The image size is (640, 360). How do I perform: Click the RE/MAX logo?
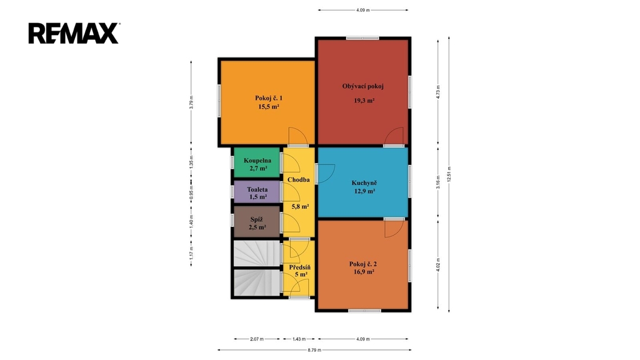click(x=74, y=33)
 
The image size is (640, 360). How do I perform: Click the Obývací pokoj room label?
click(x=363, y=86)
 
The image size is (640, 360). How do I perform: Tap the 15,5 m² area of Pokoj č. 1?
click(x=269, y=106)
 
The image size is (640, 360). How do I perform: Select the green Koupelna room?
click(x=257, y=162)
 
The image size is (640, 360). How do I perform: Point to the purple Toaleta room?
click(x=257, y=191)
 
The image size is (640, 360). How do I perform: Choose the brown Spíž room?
click(x=257, y=222)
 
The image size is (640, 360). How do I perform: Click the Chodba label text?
click(x=298, y=179)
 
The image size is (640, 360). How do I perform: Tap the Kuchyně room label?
click(x=364, y=183)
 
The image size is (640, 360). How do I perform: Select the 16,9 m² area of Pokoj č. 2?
click(x=364, y=271)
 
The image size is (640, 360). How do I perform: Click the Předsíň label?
click(x=300, y=267)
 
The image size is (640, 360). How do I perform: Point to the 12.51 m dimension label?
click(x=449, y=174)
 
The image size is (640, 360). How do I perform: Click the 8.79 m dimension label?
click(x=314, y=350)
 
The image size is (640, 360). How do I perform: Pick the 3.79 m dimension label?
click(x=191, y=102)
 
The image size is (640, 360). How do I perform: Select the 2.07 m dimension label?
click(x=257, y=339)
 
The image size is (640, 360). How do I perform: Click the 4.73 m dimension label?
click(x=438, y=92)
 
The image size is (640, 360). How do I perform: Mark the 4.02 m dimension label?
click(x=438, y=264)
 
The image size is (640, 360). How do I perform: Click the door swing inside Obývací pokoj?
click(x=394, y=136)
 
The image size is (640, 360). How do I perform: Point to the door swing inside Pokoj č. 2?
click(x=394, y=229)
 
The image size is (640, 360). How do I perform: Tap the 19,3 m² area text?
click(x=364, y=101)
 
